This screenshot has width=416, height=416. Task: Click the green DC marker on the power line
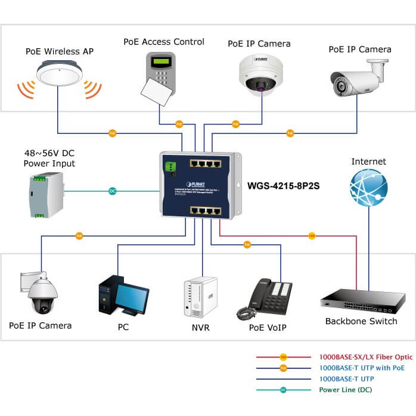112,191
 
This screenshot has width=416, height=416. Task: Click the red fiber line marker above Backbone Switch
311,236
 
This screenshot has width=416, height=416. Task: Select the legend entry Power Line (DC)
347,390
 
